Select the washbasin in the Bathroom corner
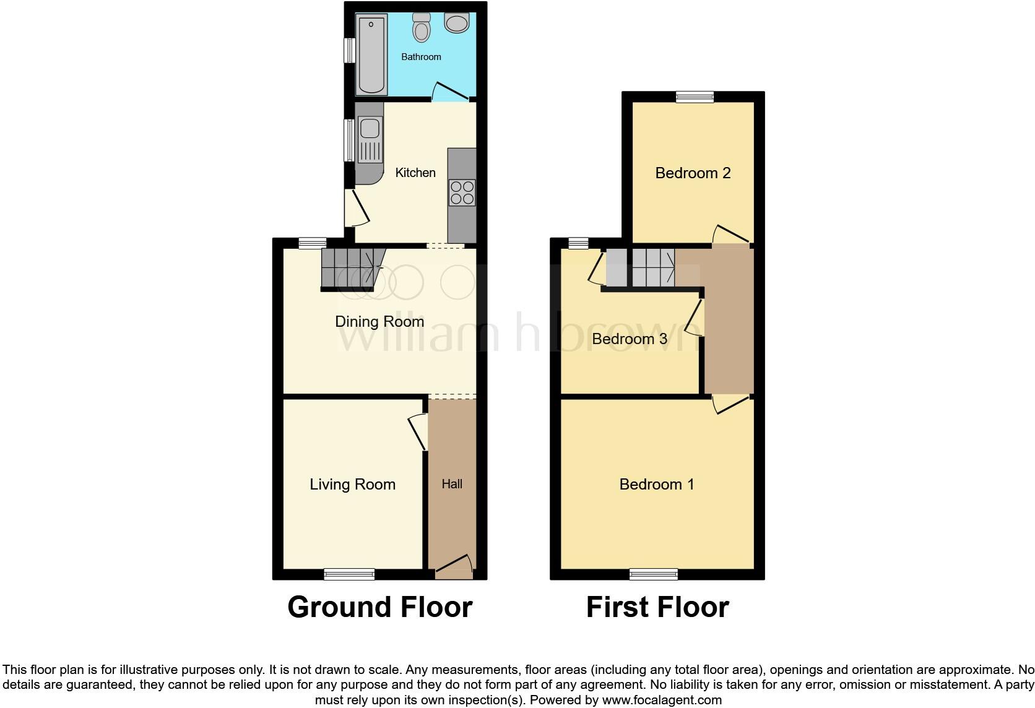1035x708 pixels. point(457,24)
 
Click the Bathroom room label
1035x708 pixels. point(421,57)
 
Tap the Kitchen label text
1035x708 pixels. point(415,173)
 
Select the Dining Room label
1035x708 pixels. point(379,321)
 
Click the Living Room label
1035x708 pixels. point(352,484)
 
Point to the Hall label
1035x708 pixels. point(452,484)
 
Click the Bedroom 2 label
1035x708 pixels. point(693,173)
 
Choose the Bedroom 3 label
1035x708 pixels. point(629,339)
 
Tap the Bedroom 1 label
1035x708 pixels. point(656,484)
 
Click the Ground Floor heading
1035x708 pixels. point(379,607)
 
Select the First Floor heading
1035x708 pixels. point(657,607)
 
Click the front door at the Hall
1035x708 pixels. point(454,566)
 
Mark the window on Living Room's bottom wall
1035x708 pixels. point(349,574)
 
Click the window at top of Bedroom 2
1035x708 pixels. point(695,97)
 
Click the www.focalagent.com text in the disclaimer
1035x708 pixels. point(661,701)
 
